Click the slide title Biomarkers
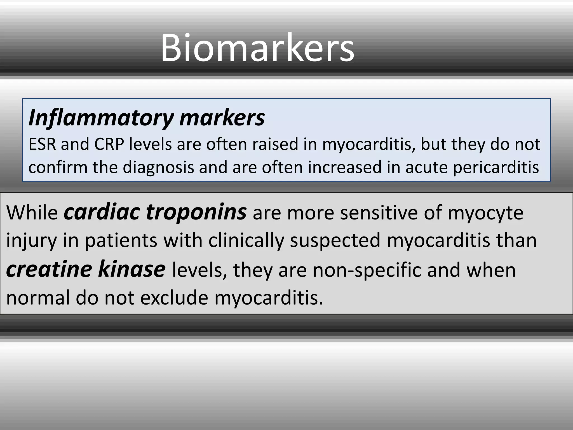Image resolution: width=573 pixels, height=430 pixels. click(x=257, y=48)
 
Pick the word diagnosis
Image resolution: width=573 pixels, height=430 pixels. click(x=158, y=168)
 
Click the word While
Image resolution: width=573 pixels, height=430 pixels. click(x=32, y=213)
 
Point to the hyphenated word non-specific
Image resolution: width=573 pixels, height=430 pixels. click(x=367, y=270)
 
